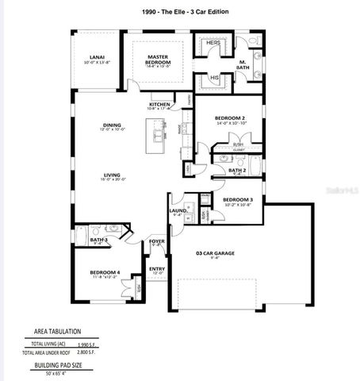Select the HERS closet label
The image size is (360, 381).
tap(213, 42)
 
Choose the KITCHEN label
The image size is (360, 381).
tap(160, 105)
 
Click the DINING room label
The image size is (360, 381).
tap(110, 125)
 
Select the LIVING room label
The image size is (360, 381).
tap(110, 175)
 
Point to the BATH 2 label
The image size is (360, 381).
tap(237, 170)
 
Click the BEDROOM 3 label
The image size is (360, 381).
tap(236, 199)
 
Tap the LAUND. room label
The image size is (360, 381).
tap(178, 211)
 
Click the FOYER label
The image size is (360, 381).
tap(156, 242)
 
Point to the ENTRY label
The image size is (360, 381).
tap(157, 269)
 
